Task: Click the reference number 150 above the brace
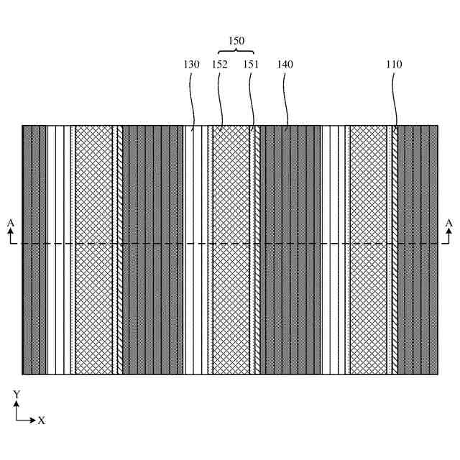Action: tap(236, 41)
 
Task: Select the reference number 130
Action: tap(191, 64)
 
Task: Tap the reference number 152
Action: tap(220, 64)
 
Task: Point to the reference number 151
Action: tap(251, 64)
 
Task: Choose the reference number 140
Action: tap(285, 64)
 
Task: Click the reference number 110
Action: tap(394, 64)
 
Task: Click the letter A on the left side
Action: tap(10, 224)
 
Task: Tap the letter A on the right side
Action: tap(449, 224)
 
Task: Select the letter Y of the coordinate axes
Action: tap(16, 395)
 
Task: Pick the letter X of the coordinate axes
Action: tap(41, 420)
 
